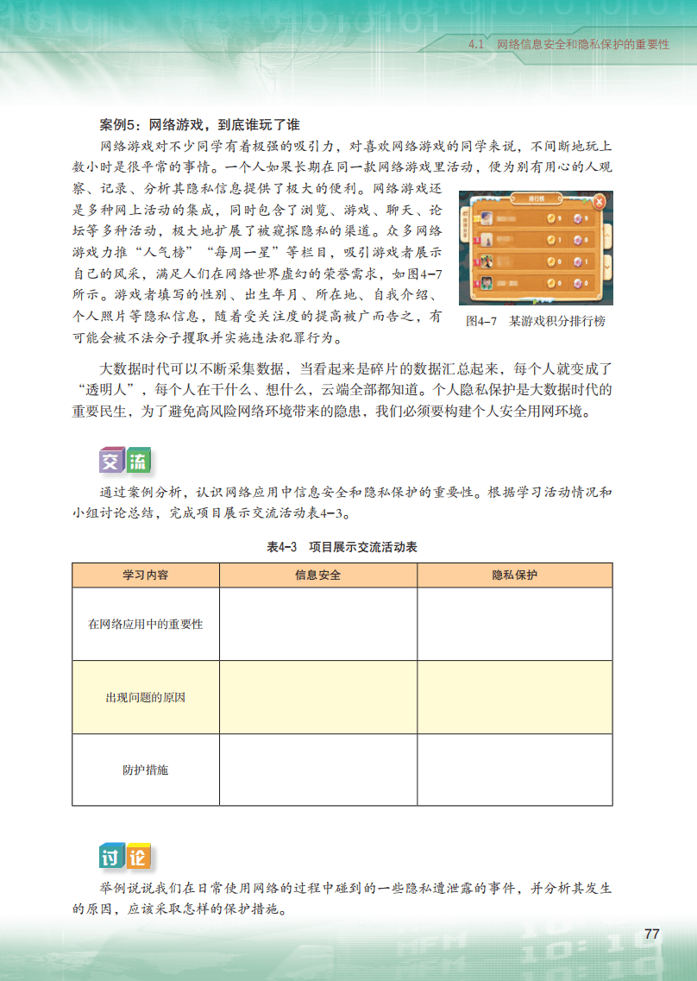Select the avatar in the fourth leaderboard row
[487, 282]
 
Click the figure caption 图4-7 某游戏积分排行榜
[535, 321]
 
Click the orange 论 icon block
[138, 857]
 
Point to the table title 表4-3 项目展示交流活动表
[342, 547]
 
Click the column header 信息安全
[317, 575]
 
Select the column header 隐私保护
[514, 575]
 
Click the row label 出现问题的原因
[146, 697]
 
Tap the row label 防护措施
[146, 770]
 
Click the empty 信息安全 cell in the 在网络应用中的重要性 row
[317, 624]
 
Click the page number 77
[651, 934]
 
